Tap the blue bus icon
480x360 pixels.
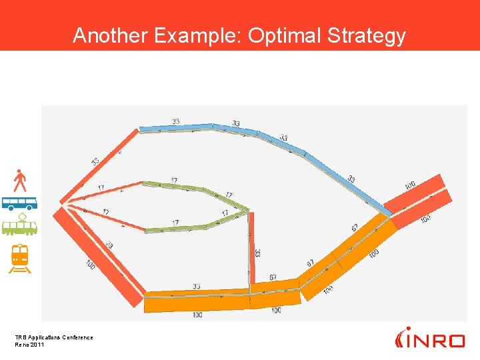coord(19,203)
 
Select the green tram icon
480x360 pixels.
coord(20,226)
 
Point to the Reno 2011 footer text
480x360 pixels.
coord(29,344)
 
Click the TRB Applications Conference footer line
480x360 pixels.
coord(54,337)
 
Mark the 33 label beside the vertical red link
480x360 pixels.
coord(257,253)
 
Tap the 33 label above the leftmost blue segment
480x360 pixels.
coord(175,121)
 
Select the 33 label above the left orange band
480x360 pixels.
coord(196,287)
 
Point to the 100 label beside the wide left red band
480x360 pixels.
coord(90,264)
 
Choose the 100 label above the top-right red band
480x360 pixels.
coord(409,185)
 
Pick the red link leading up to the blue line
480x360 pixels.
coord(100,167)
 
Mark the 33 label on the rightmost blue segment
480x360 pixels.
coord(351,179)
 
